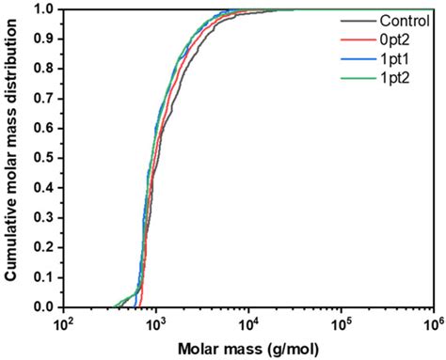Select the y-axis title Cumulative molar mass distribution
coord(11,158)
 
